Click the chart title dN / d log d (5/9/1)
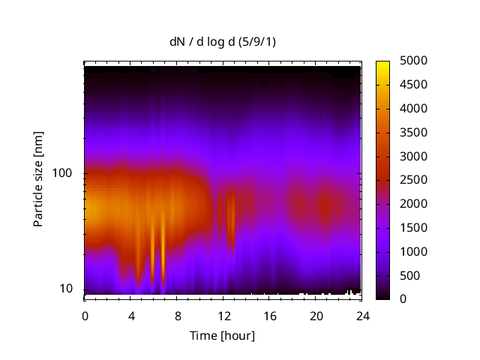click(x=221, y=41)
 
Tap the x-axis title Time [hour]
click(x=221, y=335)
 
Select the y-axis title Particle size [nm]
click(x=38, y=181)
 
